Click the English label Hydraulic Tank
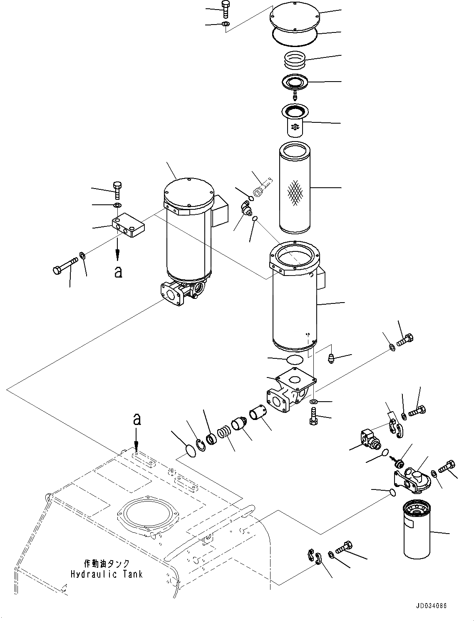click(106, 574)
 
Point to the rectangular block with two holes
click(128, 224)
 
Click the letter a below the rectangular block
click(119, 272)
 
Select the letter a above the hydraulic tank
click(136, 420)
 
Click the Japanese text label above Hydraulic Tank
click(107, 564)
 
